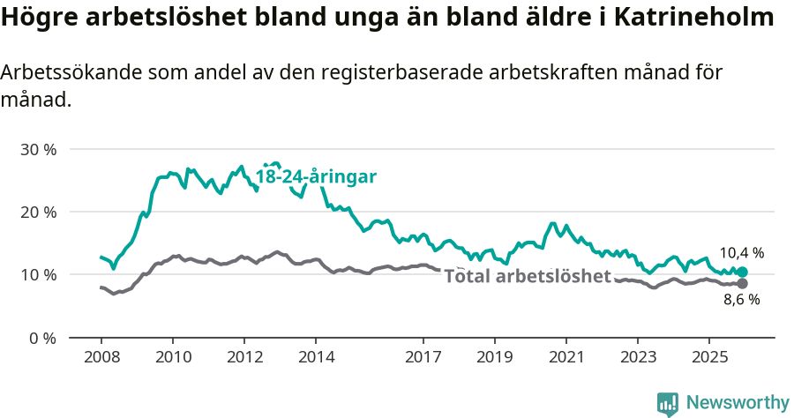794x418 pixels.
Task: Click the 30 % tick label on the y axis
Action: click(x=38, y=149)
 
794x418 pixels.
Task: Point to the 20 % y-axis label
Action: click(x=38, y=212)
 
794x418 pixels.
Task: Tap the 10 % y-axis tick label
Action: click(x=38, y=274)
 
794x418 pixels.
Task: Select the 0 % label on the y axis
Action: click(x=41, y=338)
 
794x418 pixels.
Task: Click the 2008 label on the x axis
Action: click(x=101, y=357)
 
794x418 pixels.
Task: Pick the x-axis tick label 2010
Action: click(x=172, y=357)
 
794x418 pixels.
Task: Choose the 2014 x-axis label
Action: click(x=316, y=357)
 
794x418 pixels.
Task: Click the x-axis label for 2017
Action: click(x=423, y=357)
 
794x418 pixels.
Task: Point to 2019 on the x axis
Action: click(x=495, y=357)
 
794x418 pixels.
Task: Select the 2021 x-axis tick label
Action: click(x=566, y=357)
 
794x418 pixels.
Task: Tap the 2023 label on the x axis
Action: click(x=638, y=357)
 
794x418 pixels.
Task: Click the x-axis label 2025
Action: click(x=709, y=357)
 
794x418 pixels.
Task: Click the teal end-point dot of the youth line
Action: click(x=742, y=272)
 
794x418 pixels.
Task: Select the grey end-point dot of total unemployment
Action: click(x=742, y=283)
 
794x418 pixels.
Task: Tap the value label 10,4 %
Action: click(x=741, y=253)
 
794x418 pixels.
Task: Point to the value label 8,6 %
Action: click(x=741, y=300)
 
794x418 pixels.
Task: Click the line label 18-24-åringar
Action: click(x=316, y=176)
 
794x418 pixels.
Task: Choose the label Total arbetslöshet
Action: click(x=527, y=276)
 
